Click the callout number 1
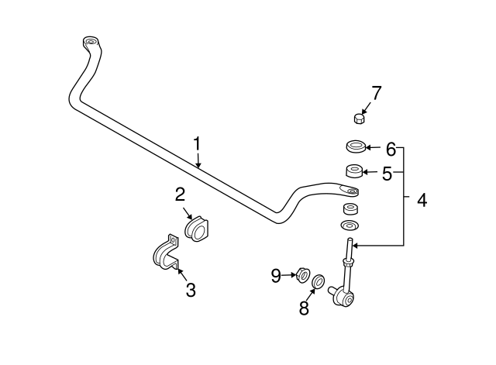pyautogui.click(x=197, y=143)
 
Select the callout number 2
pyautogui.click(x=179, y=194)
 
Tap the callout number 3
pyautogui.click(x=190, y=291)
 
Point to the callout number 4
pyautogui.click(x=422, y=201)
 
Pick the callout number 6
pyautogui.click(x=391, y=147)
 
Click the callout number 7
pyautogui.click(x=376, y=93)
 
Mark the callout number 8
pyautogui.click(x=305, y=308)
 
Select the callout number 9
pyautogui.click(x=276, y=274)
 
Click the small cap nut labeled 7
pyautogui.click(x=359, y=118)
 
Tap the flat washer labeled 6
pyautogui.click(x=354, y=146)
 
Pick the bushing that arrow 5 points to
pyautogui.click(x=353, y=171)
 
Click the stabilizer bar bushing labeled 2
pyautogui.click(x=197, y=228)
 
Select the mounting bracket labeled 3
pyautogui.click(x=164, y=257)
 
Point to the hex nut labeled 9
pyautogui.click(x=302, y=274)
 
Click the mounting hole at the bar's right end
pyautogui.click(x=352, y=190)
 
